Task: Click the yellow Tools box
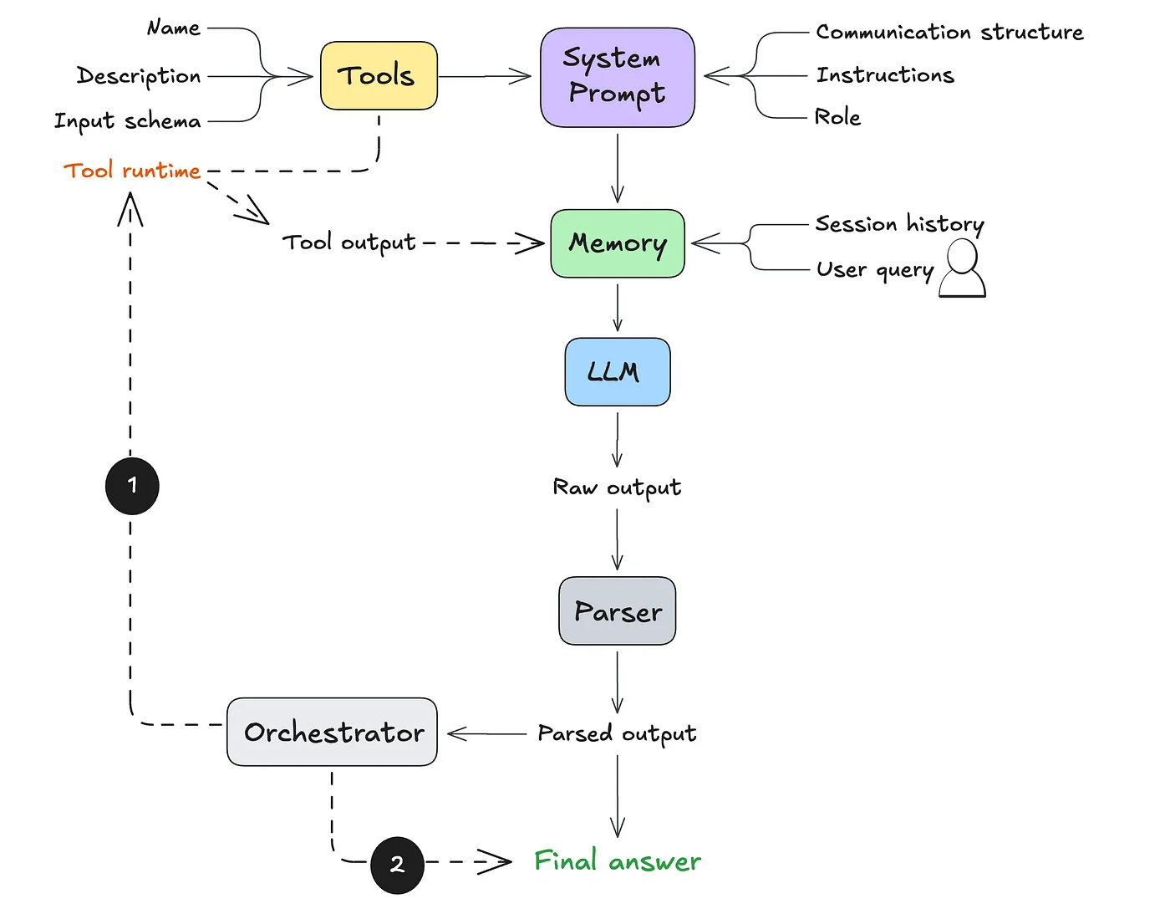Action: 379,76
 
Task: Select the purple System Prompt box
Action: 617,77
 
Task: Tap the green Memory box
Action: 617,243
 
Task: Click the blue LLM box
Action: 617,372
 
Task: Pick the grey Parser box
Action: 617,611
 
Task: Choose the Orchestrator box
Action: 332,733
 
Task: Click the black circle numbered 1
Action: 132,485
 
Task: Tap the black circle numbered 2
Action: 397,865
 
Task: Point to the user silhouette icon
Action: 962,268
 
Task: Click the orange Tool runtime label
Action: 132,171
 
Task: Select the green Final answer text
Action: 617,860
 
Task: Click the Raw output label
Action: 617,488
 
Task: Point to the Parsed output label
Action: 617,733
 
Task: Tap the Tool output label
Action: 348,243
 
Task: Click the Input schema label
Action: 128,121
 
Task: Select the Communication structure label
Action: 949,33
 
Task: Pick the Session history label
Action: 899,224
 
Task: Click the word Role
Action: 837,117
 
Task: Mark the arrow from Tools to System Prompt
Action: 485,77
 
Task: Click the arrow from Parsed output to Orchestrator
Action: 487,734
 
